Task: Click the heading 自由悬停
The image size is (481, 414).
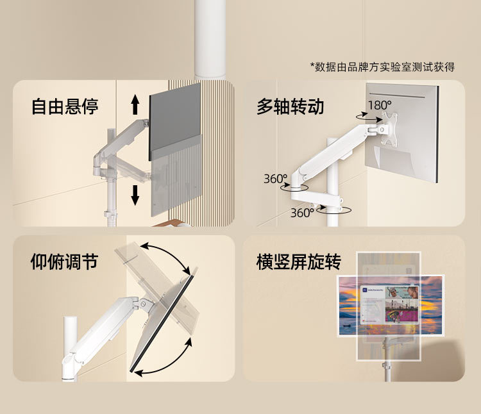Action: pyautogui.click(x=65, y=106)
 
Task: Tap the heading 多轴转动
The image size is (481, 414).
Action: pyautogui.click(x=290, y=106)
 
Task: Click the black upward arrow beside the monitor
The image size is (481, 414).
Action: pyautogui.click(x=135, y=104)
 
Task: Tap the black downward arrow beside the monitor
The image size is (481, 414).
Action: pyautogui.click(x=135, y=194)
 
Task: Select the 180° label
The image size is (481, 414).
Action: pyautogui.click(x=379, y=104)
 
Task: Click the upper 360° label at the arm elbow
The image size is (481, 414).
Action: pyautogui.click(x=275, y=179)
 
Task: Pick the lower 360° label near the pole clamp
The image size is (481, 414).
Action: pyautogui.click(x=301, y=213)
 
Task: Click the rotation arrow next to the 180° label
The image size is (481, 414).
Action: pyautogui.click(x=367, y=118)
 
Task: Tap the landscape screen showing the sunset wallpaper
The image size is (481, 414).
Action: pyautogui.click(x=391, y=305)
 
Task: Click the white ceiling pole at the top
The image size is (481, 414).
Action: pyautogui.click(x=211, y=38)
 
